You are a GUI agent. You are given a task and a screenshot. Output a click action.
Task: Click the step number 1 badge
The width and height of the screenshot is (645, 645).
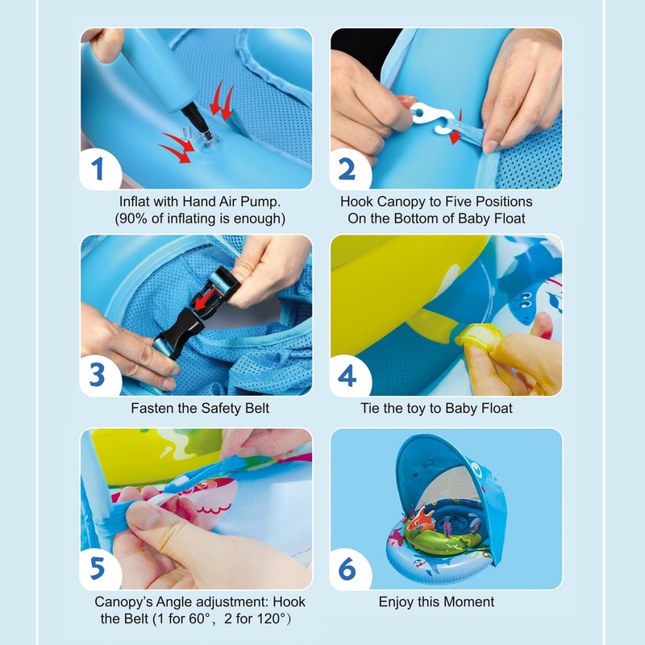pyautogui.click(x=98, y=169)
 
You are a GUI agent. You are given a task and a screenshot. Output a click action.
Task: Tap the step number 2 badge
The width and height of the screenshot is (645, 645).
pyautogui.click(x=347, y=169)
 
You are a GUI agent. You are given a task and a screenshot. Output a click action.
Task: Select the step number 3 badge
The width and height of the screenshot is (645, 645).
pyautogui.click(x=98, y=375)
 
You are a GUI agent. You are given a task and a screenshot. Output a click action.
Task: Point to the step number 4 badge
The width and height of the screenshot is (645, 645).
pyautogui.click(x=347, y=375)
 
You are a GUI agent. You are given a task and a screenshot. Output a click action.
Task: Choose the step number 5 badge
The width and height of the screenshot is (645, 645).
pyautogui.click(x=98, y=569)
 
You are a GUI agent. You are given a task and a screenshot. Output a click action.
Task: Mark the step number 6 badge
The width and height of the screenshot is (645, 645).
pyautogui.click(x=347, y=569)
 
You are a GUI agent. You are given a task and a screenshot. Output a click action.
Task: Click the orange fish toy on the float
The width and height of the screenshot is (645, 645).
pyautogui.click(x=422, y=519)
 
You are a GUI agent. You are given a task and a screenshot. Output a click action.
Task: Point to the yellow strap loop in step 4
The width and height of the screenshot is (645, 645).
pyautogui.click(x=478, y=335)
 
